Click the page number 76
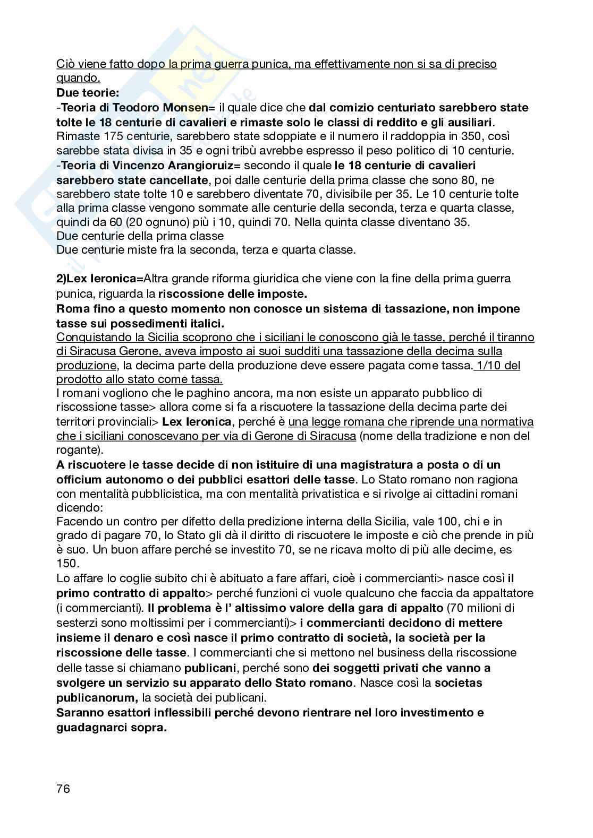click(63, 789)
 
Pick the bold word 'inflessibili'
click(169, 712)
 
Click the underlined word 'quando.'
click(78, 78)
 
